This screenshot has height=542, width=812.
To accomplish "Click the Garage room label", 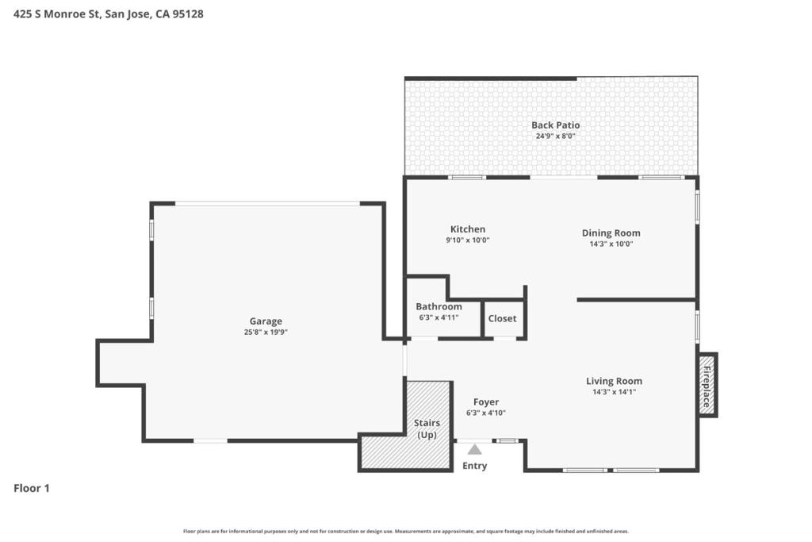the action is (266, 321).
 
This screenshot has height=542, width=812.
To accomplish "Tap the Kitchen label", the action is (468, 229).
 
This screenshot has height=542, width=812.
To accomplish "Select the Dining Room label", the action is (611, 233).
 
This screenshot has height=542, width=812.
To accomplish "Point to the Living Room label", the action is (615, 381).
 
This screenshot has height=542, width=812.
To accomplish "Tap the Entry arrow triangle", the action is (474, 449).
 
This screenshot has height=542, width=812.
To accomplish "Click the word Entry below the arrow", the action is (474, 466).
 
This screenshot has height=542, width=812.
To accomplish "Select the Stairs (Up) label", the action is (427, 429).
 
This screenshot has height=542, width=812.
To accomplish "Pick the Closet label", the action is (502, 318).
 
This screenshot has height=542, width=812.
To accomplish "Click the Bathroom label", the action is (439, 306).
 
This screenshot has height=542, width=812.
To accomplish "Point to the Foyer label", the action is (486, 402).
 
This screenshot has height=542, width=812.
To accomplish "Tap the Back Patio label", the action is (556, 125).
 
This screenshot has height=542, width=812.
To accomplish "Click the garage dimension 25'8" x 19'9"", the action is (266, 333).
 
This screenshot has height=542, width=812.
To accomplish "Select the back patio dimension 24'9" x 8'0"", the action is (556, 136).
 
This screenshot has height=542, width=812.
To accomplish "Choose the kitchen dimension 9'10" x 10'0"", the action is (468, 240).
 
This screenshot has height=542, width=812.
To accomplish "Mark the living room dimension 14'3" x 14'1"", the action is (615, 392).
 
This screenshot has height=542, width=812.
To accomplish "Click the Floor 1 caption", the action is (32, 488).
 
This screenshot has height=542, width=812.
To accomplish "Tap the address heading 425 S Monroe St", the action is (56, 14).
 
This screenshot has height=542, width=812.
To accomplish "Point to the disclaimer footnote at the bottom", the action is (406, 531).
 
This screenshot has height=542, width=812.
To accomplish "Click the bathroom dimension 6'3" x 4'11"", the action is (439, 317).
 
